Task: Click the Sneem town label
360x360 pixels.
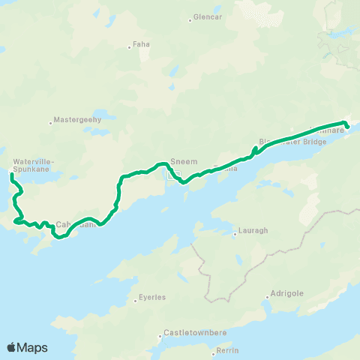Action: pos(183,161)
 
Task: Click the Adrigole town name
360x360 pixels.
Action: pos(289,293)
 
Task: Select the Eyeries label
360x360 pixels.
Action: pos(152,298)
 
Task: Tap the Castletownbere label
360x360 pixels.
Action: pos(193,334)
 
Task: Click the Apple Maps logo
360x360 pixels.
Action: pos(28,347)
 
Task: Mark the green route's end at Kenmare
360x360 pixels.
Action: pos(347,125)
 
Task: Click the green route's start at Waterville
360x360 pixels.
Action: pos(12,175)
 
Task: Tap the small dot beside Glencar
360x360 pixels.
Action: pos(190,20)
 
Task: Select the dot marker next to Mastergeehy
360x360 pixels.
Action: pos(51,122)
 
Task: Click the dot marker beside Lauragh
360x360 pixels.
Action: pos(235,233)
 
